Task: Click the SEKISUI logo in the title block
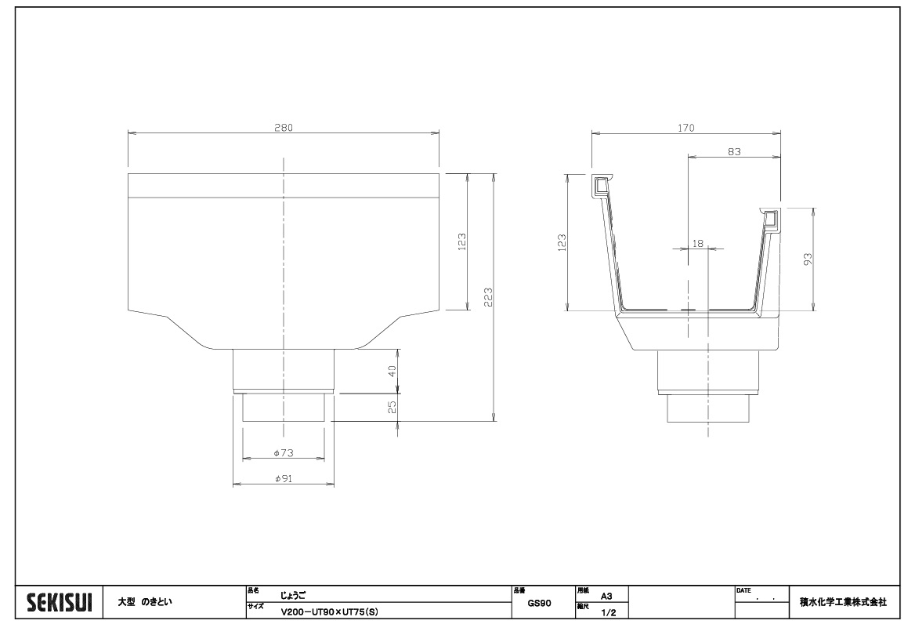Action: click(60, 602)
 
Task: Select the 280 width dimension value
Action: click(284, 127)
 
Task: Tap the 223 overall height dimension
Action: click(488, 297)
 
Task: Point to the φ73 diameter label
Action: click(284, 453)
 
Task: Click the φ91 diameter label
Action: click(284, 478)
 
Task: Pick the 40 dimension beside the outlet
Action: click(392, 371)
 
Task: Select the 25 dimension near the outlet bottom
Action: click(392, 407)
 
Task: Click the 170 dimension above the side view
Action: click(686, 127)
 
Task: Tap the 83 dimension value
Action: click(734, 151)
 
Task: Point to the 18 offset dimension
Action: click(697, 243)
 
